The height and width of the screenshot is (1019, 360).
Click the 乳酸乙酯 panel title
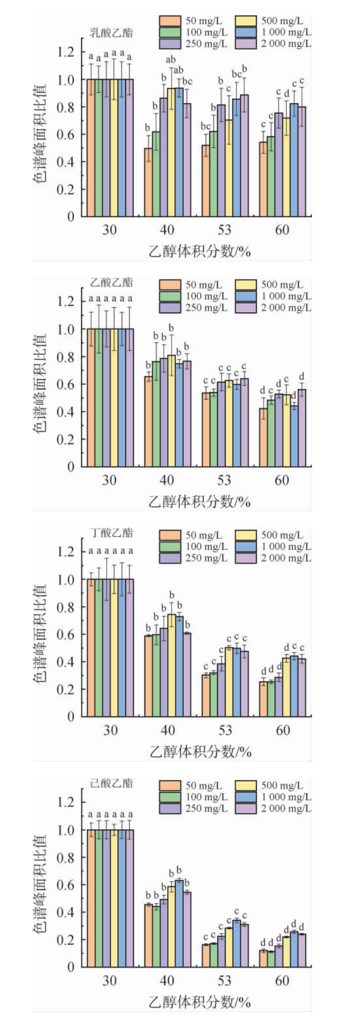coord(112,33)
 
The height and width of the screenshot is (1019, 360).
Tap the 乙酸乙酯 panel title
coord(112,282)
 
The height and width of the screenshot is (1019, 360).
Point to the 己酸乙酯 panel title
coord(112,783)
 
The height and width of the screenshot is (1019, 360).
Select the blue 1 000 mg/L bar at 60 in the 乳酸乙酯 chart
coord(294,160)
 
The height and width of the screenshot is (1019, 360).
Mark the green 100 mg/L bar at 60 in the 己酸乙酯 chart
coord(271,959)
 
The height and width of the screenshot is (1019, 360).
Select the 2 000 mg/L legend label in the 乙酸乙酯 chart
coord(286,307)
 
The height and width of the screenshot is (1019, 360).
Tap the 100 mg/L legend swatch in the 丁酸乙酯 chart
coord(170,546)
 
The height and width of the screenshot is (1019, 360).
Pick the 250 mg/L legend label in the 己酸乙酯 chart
coord(206,808)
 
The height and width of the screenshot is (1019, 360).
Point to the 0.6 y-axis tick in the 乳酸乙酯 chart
coord(66,134)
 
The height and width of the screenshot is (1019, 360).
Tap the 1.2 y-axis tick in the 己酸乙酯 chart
coord(66,802)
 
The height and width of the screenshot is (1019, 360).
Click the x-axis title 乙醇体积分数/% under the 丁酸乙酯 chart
coord(200,752)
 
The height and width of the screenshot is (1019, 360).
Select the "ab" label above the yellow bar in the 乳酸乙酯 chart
coord(171,60)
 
